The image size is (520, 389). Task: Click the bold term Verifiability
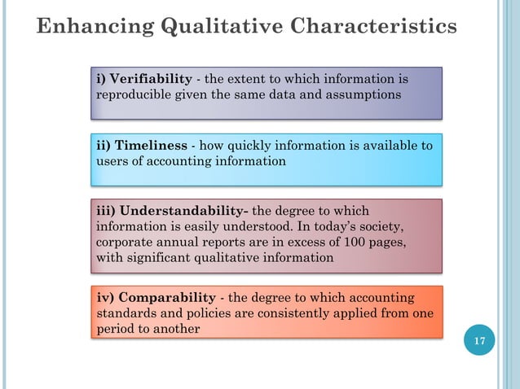click(151, 80)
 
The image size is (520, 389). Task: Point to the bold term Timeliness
click(153, 146)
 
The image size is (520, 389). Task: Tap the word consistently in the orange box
click(275, 313)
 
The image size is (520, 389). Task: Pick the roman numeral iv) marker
click(105, 298)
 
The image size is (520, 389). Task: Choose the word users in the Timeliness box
click(112, 160)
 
